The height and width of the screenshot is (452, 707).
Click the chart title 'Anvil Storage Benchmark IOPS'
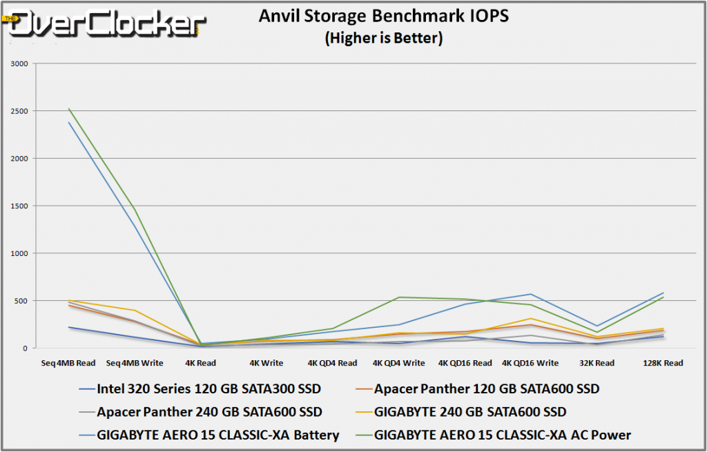point(383,16)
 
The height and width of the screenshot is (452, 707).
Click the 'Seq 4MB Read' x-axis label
point(69,363)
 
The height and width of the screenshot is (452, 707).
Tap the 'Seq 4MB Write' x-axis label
point(134,363)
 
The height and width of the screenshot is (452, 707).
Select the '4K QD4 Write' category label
point(398,363)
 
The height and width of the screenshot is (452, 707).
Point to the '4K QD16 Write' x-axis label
point(530,363)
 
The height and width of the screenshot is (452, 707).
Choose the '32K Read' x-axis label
point(596,363)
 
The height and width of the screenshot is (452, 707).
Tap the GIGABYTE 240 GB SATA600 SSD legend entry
point(470,412)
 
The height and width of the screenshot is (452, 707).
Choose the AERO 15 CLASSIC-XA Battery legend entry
point(218,435)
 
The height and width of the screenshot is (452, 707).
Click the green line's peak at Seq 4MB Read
point(69,108)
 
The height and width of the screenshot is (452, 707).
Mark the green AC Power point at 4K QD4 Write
point(398,297)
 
